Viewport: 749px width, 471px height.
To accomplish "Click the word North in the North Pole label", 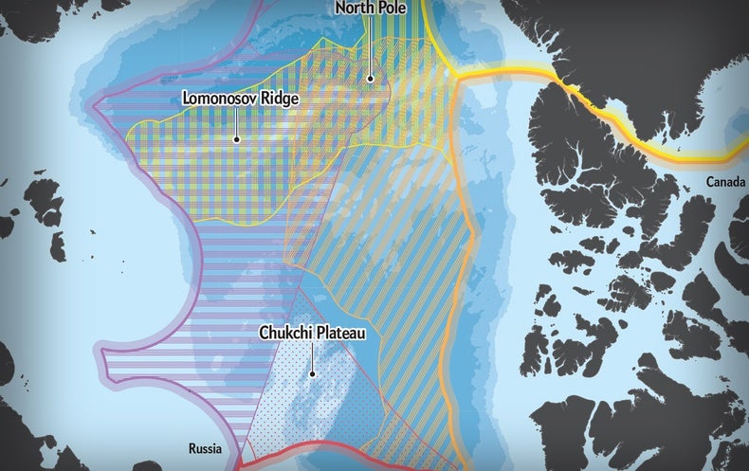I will pos(353,9).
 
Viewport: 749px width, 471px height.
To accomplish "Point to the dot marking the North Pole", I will pos(371,80).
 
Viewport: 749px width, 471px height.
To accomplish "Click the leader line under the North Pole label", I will pos(371,47).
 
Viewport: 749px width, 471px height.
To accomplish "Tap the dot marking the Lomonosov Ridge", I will pos(236,138).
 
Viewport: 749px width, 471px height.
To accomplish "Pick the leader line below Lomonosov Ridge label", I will pos(236,121).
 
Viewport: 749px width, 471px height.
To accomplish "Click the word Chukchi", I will pos(287,335).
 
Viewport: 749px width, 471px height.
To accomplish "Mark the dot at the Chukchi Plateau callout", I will pos(310,376).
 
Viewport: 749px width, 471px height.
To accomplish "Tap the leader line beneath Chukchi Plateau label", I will pos(310,358).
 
